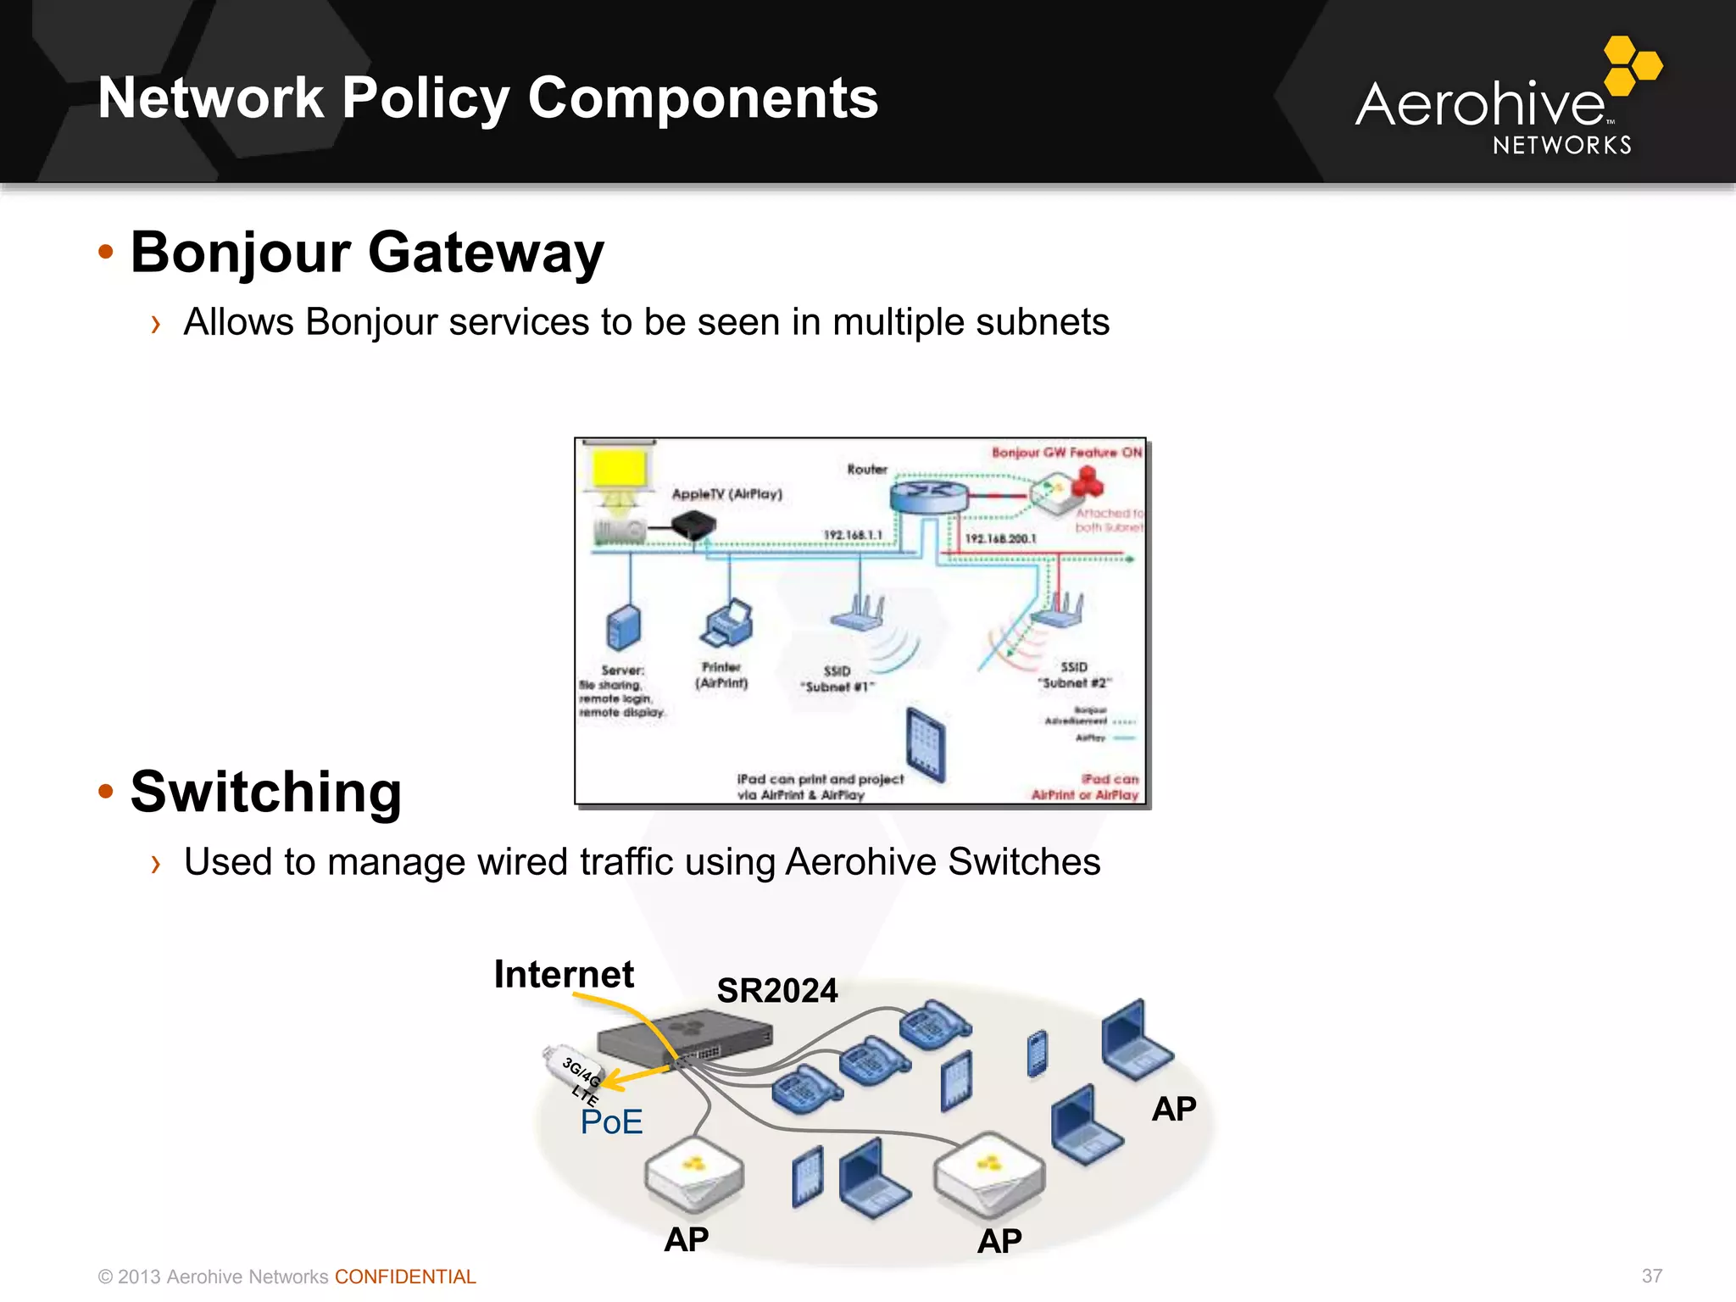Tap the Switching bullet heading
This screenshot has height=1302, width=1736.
[265, 792]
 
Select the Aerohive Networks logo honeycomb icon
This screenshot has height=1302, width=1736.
[1633, 64]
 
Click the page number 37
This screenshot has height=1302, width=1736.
[1651, 1276]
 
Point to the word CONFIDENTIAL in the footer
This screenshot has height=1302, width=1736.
[405, 1277]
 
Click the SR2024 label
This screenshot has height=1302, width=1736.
[776, 990]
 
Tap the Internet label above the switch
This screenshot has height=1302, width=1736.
[564, 974]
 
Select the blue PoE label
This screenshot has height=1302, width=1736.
[611, 1121]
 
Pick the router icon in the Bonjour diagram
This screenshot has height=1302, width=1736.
[928, 495]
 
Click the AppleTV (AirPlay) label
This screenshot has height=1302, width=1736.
[726, 494]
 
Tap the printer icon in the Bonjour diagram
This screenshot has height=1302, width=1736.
[727, 626]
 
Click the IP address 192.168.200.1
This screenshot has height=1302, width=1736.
[1000, 538]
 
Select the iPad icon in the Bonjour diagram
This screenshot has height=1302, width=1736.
[926, 743]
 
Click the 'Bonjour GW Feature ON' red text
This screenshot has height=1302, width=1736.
[1066, 453]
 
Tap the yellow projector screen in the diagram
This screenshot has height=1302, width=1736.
[620, 469]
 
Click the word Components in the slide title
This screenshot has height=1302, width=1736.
[703, 98]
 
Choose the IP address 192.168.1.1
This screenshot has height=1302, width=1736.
[853, 535]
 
